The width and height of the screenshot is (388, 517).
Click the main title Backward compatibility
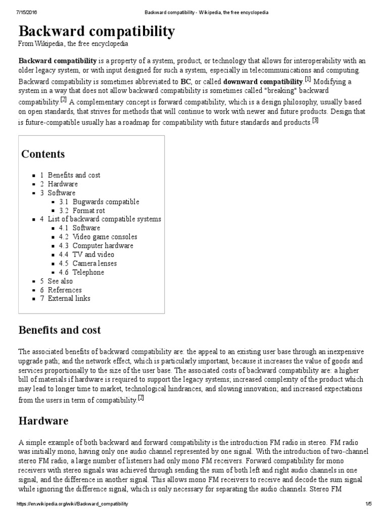[97, 32]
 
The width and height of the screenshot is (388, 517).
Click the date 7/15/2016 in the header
[17, 12]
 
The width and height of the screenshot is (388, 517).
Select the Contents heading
[43, 154]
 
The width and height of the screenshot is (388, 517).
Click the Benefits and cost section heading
[60, 330]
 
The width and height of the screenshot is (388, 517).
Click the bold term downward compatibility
[263, 81]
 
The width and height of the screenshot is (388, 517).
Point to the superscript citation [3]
[315, 120]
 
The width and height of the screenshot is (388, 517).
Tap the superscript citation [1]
[308, 79]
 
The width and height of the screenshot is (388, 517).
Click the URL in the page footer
[72, 504]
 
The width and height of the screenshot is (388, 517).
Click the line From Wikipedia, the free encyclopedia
[73, 44]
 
